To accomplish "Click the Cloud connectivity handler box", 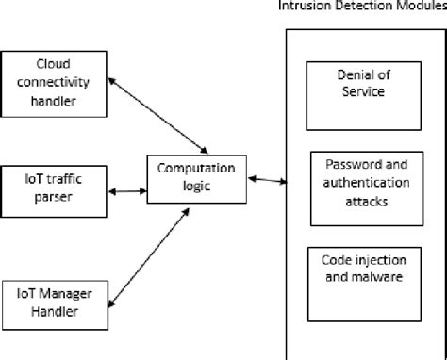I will coord(55,83).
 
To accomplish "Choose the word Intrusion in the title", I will coord(305,8).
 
